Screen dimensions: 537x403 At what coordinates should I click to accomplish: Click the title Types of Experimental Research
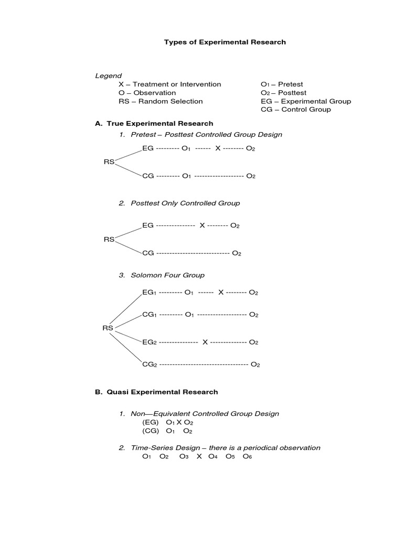coord(225,42)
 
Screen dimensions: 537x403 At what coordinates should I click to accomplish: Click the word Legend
coord(108,76)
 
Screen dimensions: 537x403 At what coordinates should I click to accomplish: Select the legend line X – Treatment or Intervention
coord(170,84)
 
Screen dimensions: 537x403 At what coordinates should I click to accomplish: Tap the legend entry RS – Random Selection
coord(161,101)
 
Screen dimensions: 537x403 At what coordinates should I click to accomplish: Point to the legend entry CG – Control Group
coord(295,110)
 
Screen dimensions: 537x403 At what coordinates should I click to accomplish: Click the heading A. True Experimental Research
coord(154,124)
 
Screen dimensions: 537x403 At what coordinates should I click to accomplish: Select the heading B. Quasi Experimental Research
coord(156,392)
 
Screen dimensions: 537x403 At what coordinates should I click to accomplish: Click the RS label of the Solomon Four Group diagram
coord(108,328)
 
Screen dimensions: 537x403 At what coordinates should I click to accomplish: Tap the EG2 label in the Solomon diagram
coord(150,342)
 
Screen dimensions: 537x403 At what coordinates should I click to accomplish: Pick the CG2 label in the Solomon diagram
coord(150,364)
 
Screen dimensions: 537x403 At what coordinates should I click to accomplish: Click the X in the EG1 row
coord(221,292)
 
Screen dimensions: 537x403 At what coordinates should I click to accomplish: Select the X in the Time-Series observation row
coord(199,457)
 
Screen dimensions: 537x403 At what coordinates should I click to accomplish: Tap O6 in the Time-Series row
coord(247,457)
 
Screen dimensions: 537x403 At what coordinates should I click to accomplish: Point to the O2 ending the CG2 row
coord(255,364)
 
